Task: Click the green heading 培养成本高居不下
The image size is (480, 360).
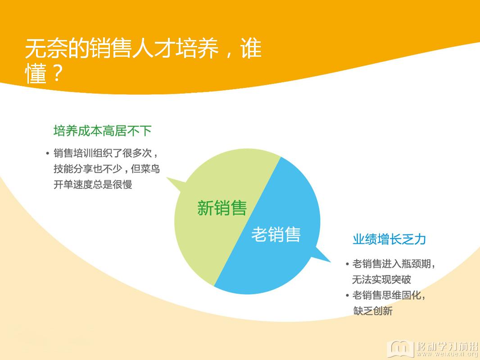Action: (103, 131)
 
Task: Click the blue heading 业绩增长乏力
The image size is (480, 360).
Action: (389, 239)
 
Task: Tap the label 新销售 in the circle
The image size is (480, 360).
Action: (222, 208)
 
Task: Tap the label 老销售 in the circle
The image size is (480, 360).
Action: (276, 234)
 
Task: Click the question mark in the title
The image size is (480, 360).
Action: (57, 73)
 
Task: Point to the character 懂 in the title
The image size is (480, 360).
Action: (36, 73)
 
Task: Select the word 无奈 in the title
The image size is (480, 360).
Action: (46, 48)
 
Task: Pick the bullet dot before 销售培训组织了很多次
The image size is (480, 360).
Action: (47, 153)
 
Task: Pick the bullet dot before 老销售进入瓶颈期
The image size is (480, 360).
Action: (347, 264)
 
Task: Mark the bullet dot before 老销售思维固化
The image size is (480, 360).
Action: (347, 296)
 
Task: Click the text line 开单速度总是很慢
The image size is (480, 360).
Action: (93, 184)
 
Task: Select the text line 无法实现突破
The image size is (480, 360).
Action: (381, 279)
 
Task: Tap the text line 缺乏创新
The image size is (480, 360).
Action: (373, 311)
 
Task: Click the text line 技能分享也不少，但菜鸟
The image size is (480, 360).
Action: (107, 169)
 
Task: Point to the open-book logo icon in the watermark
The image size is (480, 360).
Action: (400, 348)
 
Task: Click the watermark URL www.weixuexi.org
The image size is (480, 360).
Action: (447, 354)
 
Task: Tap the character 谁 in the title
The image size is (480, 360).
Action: (251, 48)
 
